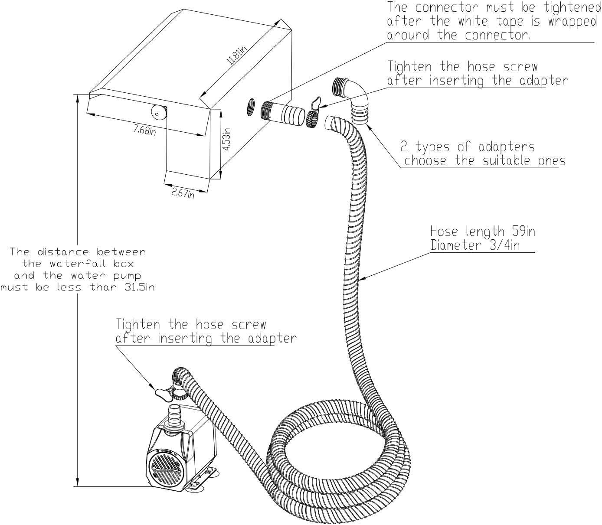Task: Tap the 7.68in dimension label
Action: [144, 129]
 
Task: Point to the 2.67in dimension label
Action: [182, 193]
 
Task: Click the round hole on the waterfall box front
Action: [158, 112]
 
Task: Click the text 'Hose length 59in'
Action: [482, 231]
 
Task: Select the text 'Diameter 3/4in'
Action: [475, 245]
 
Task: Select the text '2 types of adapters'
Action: [468, 147]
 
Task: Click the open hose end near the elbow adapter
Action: [334, 122]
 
